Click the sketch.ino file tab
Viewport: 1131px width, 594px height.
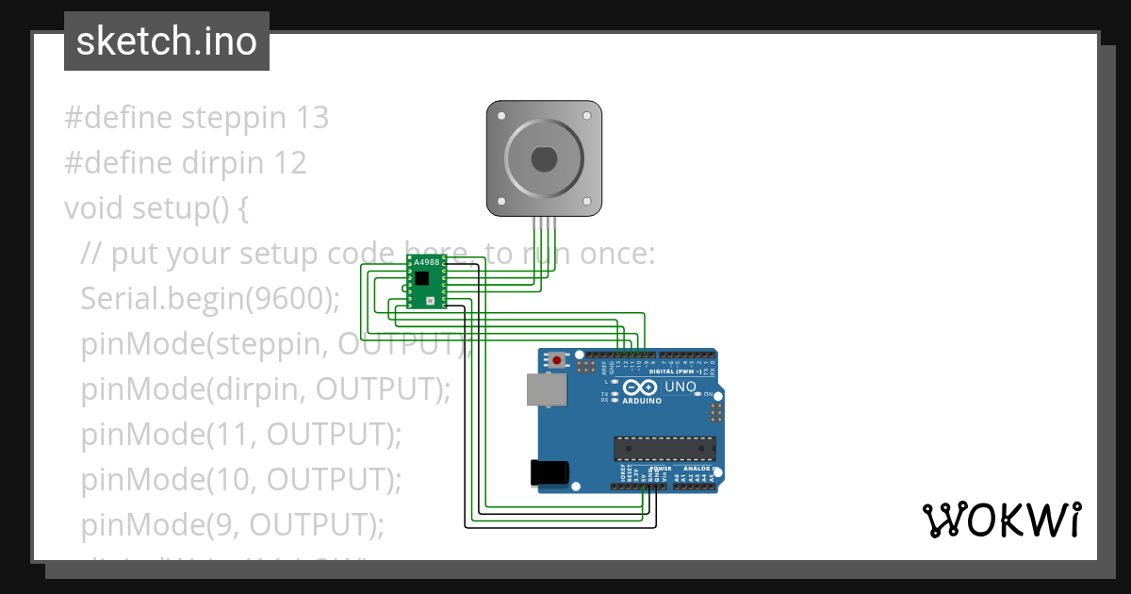[167, 41]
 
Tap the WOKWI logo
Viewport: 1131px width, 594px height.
[1001, 520]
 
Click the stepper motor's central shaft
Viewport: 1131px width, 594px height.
[544, 158]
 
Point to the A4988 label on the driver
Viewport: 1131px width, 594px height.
[427, 263]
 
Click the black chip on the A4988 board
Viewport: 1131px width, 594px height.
[422, 278]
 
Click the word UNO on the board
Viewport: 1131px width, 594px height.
[680, 388]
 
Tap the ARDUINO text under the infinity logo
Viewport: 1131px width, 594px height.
[642, 401]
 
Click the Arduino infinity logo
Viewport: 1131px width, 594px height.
[639, 388]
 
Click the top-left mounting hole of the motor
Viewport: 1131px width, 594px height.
[497, 111]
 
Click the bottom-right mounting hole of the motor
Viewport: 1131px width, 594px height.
[591, 204]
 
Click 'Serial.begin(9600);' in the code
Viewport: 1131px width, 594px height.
[210, 298]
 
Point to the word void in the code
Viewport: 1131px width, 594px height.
[91, 207]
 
